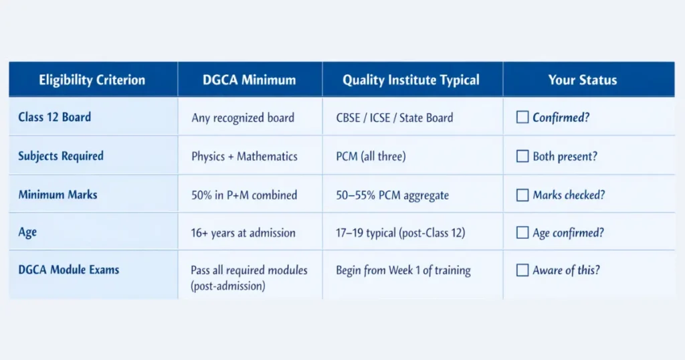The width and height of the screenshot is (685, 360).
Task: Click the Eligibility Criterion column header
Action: (92, 80)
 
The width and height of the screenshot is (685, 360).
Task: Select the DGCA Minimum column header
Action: (250, 80)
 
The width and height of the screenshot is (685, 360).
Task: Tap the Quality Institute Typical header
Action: (411, 80)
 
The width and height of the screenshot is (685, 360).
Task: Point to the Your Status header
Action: (583, 80)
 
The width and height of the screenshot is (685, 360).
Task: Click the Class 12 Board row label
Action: (55, 117)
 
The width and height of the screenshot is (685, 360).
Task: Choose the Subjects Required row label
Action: (61, 156)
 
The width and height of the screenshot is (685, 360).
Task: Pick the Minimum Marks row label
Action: (58, 195)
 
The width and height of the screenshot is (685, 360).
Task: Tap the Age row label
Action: (27, 233)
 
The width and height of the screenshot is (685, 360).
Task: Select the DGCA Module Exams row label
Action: (69, 270)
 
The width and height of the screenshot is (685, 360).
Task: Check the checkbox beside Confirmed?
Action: (522, 118)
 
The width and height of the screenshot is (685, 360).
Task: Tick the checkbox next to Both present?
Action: (522, 157)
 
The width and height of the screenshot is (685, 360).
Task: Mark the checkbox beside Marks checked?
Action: (522, 195)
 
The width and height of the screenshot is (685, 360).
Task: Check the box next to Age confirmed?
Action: (522, 233)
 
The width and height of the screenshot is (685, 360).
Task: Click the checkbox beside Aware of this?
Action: (522, 270)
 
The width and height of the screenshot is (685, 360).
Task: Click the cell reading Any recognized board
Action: (243, 118)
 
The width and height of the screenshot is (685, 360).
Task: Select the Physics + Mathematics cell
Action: (244, 157)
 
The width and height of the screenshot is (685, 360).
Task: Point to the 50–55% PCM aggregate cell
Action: (392, 195)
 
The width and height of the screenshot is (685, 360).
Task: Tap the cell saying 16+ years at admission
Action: (243, 233)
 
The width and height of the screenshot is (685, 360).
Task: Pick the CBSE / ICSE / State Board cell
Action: (395, 118)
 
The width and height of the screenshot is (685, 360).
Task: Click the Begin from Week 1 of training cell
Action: (403, 270)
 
